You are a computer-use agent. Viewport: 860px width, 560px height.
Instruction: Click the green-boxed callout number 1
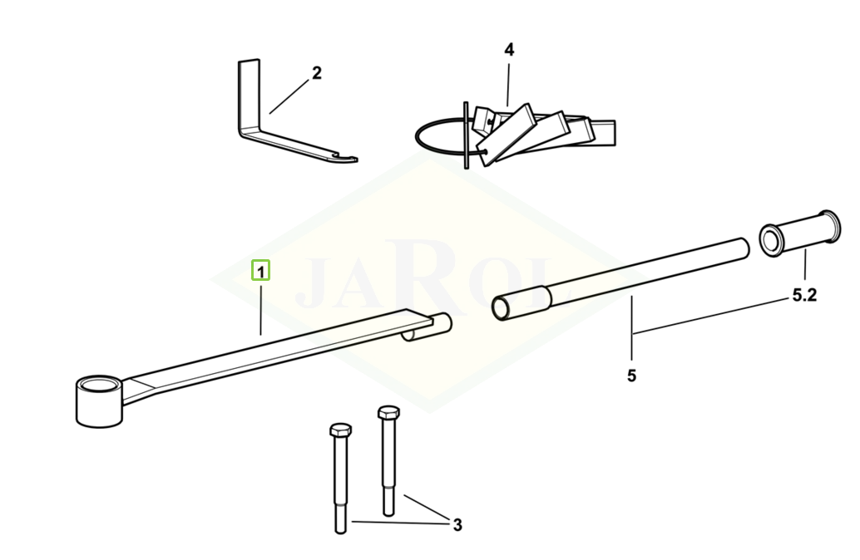(260, 270)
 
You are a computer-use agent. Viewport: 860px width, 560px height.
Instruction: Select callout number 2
(316, 73)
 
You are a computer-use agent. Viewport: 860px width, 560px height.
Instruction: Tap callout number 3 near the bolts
(457, 525)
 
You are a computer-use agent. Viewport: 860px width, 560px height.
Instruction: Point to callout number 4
(509, 50)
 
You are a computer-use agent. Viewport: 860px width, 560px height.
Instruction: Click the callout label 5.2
(804, 295)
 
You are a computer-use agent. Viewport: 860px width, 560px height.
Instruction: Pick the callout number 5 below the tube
(631, 376)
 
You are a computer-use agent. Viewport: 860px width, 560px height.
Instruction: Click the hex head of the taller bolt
(388, 412)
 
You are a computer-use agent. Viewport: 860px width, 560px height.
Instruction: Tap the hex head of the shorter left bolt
(341, 430)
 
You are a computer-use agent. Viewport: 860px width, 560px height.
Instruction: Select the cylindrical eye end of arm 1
(99, 400)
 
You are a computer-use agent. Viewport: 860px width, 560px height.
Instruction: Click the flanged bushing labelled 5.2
(799, 233)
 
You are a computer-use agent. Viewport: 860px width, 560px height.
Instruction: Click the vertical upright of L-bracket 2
(249, 95)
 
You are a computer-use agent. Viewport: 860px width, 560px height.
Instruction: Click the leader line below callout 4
(508, 85)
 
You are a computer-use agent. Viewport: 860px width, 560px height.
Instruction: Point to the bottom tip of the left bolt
(341, 532)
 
